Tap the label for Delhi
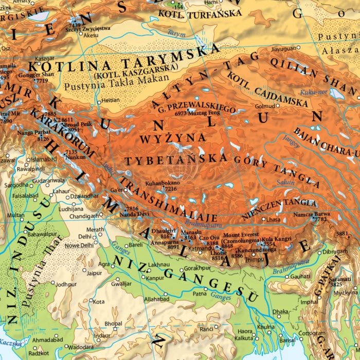pyautogui.click(x=84, y=237)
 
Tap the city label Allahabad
pyautogui.click(x=157, y=298)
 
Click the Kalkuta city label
pyautogui.click(x=244, y=338)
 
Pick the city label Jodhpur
pyautogui.click(x=66, y=284)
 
